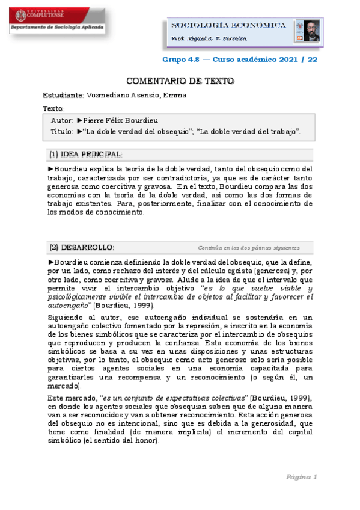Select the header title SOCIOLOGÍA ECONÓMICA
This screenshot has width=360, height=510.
[x=228, y=25]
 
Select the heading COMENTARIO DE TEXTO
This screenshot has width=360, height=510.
[x=180, y=81]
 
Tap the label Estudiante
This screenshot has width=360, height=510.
[x=63, y=95]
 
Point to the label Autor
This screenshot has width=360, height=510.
[x=62, y=120]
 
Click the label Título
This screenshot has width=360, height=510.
[x=61, y=131]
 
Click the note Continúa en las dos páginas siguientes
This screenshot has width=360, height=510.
[x=248, y=248]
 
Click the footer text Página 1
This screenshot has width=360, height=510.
[x=301, y=477]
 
